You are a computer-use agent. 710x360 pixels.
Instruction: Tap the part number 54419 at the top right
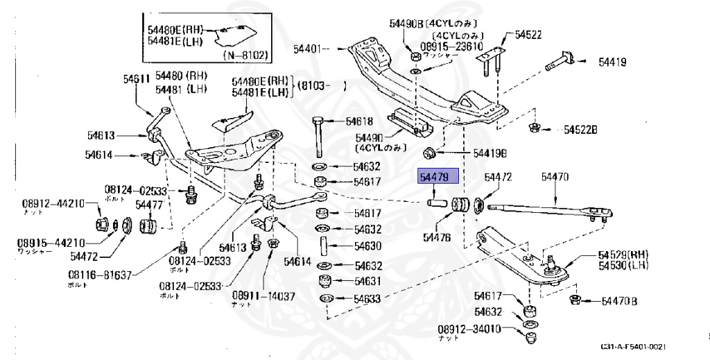click(x=612, y=62)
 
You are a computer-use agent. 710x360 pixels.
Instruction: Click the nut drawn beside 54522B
click(x=535, y=128)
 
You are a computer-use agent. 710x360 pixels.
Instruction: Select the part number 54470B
click(x=619, y=301)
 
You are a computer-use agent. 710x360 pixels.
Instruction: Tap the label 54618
click(x=359, y=121)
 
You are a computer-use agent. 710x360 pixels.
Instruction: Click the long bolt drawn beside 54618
click(x=319, y=135)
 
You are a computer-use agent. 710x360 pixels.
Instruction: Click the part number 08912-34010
click(x=469, y=329)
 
